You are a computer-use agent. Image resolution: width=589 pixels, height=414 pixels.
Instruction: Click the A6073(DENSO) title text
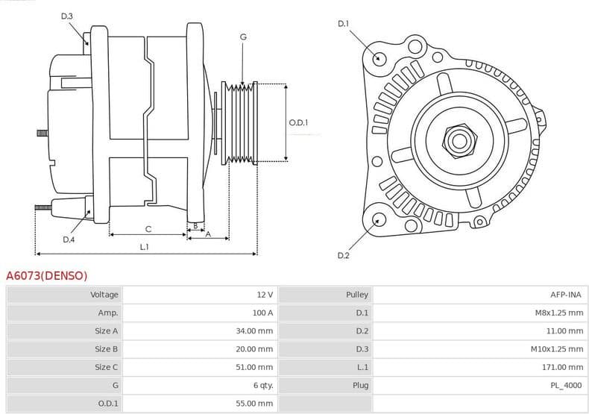[x=46, y=276]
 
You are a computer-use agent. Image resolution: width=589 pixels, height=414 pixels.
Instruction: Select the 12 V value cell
[x=264, y=295]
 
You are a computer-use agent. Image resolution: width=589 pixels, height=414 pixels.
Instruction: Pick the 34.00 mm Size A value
[x=255, y=330]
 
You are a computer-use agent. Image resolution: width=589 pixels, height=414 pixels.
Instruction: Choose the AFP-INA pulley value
[x=565, y=295]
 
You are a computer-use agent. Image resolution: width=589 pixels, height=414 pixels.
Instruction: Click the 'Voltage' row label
[x=104, y=295]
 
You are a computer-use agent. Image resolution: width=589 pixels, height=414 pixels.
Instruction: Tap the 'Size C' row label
[x=106, y=367]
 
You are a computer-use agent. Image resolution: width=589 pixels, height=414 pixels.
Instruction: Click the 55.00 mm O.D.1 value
[x=255, y=404]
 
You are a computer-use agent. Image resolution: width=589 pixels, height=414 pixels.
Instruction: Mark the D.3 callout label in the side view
[x=67, y=16]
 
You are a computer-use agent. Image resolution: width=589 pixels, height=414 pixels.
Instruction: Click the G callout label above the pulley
[x=243, y=37]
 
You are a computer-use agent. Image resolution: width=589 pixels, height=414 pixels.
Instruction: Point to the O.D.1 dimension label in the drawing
[x=298, y=122]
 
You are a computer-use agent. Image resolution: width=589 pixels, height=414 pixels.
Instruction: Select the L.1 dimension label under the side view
[x=144, y=246]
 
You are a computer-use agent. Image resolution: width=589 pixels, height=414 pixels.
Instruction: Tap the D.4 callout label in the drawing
[x=69, y=239]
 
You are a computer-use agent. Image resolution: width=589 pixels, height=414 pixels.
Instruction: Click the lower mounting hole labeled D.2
[x=379, y=219]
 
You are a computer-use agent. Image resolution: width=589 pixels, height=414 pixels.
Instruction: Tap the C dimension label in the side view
[x=148, y=228]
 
